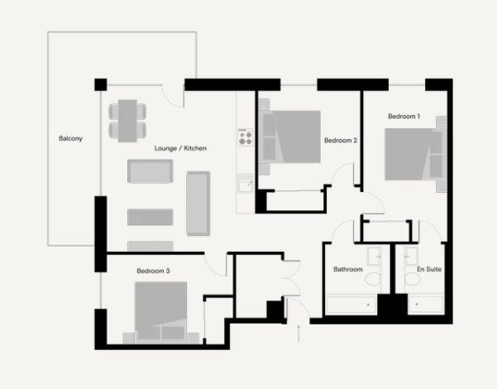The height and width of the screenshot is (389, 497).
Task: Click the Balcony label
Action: [x=70, y=138]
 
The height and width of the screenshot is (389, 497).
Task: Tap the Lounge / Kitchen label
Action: [x=180, y=148]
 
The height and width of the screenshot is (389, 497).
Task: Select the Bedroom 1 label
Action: [x=404, y=117]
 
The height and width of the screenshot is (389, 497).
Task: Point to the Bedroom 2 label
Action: [x=341, y=141]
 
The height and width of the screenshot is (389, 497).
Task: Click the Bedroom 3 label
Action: [x=154, y=271]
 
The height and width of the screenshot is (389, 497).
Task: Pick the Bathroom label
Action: [x=348, y=270]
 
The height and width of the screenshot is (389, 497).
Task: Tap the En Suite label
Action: [x=428, y=270]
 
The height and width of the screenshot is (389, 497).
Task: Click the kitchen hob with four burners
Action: [x=245, y=137]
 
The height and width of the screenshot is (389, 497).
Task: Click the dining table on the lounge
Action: [x=127, y=120]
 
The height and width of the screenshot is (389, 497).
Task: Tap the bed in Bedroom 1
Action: [x=410, y=153]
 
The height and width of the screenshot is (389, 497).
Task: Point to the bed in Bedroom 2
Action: [x=290, y=135]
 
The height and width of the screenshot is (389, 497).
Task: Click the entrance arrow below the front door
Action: [x=299, y=332]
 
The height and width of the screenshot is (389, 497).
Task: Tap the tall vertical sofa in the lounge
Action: [x=198, y=203]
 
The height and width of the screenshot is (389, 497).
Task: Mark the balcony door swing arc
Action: [x=172, y=96]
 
